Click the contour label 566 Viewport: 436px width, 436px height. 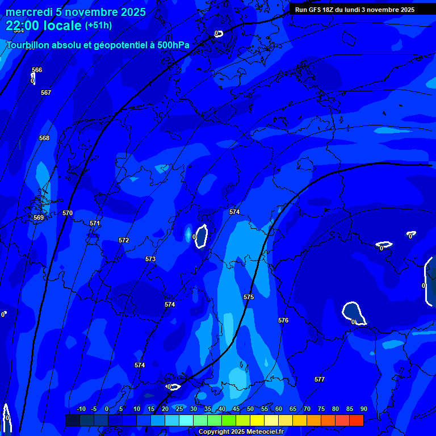(37, 70)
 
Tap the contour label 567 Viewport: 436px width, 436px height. (46, 93)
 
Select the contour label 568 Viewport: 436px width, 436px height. (44, 138)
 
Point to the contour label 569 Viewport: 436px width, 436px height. (39, 217)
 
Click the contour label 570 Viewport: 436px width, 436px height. (68, 213)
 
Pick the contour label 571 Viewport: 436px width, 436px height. (95, 223)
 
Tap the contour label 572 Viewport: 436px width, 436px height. (124, 240)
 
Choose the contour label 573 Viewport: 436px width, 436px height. (150, 259)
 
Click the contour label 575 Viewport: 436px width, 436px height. (249, 297)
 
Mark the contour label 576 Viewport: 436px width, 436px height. (283, 320)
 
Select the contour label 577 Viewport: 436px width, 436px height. (320, 379)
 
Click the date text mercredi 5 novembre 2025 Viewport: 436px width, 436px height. (76, 12)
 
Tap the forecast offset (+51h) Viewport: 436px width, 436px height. (98, 26)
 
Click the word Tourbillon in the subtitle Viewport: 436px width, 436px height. (28, 45)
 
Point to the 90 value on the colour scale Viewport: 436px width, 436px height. (363, 409)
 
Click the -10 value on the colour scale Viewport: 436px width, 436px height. (81, 409)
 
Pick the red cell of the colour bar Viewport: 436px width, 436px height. (356, 420)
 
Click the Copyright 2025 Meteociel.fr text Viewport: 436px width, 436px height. (241, 432)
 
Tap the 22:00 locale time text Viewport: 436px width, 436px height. (43, 26)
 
